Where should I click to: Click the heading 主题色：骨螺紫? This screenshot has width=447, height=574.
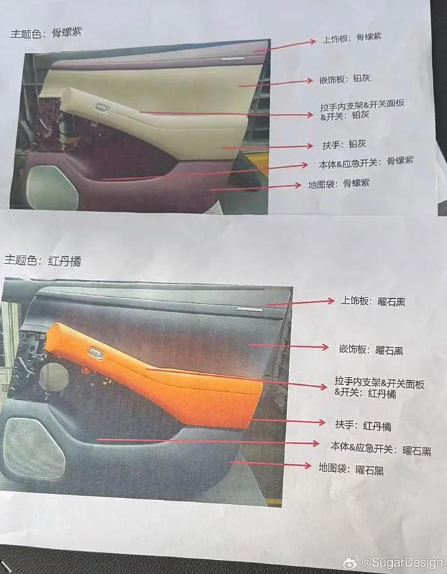pyautogui.click(x=46, y=33)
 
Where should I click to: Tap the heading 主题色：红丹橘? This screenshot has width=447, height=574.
pyautogui.click(x=43, y=261)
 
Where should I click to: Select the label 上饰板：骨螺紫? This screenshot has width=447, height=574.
pyautogui.click(x=352, y=38)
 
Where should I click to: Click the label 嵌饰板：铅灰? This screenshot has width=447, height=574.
pyautogui.click(x=345, y=79)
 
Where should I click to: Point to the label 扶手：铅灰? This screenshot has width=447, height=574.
pyautogui.click(x=344, y=144)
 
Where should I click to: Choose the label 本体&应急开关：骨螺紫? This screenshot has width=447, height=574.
pyautogui.click(x=366, y=163)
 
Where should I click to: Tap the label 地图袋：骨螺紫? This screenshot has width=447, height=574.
pyautogui.click(x=339, y=184)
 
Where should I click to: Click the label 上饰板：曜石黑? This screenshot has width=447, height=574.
pyautogui.click(x=372, y=302)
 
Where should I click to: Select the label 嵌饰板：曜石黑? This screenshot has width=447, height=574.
pyautogui.click(x=371, y=350)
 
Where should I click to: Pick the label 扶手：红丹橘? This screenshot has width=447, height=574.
pyautogui.click(x=363, y=426)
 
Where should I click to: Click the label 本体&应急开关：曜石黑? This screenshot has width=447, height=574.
pyautogui.click(x=381, y=449)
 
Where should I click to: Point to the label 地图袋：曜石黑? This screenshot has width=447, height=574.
pyautogui.click(x=351, y=468)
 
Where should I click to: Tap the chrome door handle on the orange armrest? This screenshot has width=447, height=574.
pyautogui.click(x=96, y=352)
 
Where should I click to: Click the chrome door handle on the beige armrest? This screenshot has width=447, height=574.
pyautogui.click(x=102, y=107)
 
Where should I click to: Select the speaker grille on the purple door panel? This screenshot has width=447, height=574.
pyautogui.click(x=53, y=187)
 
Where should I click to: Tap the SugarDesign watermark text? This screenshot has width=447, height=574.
pyautogui.click(x=402, y=562)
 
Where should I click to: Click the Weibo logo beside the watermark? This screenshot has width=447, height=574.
pyautogui.click(x=352, y=562)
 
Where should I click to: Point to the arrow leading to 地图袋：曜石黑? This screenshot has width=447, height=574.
pyautogui.click(x=270, y=464)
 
